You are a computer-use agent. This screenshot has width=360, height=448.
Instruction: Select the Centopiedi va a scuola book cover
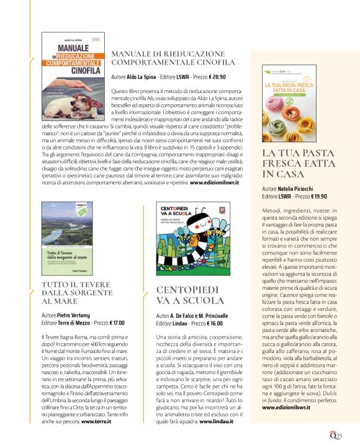point(186,239)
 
